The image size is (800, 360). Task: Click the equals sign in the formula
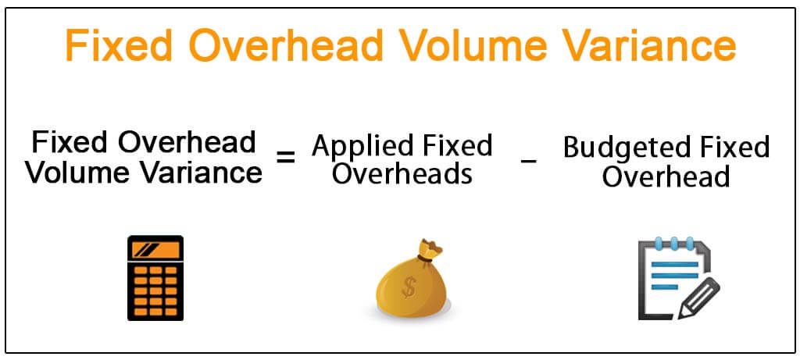[287, 156]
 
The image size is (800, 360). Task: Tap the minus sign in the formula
[528, 160]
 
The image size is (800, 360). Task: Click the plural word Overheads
[402, 173]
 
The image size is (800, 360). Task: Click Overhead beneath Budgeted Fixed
[666, 176]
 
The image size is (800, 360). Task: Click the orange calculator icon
[155, 278]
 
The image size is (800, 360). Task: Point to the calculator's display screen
[155, 250]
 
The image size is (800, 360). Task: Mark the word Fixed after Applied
[455, 146]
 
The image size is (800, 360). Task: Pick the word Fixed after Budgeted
[731, 148]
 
